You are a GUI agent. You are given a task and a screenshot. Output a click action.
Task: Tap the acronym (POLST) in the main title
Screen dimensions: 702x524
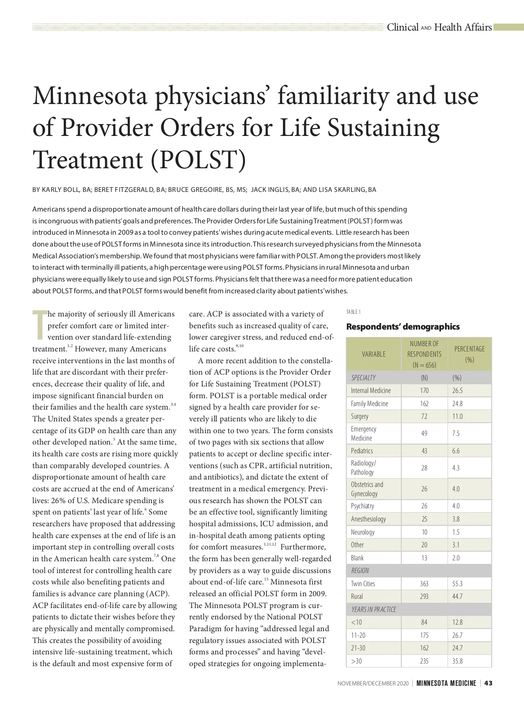pos(198,160)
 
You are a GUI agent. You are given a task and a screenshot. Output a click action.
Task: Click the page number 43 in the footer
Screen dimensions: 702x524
pos(488,683)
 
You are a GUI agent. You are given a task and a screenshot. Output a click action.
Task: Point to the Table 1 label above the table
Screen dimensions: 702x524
pos(353,312)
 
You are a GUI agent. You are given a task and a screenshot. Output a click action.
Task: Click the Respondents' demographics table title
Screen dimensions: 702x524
pos(403,327)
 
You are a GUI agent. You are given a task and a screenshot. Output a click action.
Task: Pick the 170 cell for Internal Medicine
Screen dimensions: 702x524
pos(424,390)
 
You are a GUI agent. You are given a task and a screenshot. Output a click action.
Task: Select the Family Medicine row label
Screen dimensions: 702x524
pos(369,403)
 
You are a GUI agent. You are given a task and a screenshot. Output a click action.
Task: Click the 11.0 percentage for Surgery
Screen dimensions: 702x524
pos(457,416)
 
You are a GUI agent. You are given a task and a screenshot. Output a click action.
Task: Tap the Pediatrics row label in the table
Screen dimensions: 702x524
pos(362,451)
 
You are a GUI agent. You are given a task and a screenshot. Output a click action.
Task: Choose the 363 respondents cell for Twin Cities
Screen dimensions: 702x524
pos(424,584)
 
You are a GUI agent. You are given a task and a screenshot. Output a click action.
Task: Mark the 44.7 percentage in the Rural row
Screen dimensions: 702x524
pos(457,596)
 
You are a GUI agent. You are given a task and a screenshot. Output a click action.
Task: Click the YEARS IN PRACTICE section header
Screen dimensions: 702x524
pos(373,609)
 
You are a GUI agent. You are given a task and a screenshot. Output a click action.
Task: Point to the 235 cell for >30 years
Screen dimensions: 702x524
pos(424,661)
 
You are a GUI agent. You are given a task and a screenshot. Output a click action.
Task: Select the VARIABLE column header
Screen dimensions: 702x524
pos(373,354)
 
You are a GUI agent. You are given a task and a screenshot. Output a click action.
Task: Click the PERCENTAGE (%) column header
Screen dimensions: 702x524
pos(469,354)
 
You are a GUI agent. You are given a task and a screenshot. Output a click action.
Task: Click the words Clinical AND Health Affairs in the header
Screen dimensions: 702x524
pos(439,27)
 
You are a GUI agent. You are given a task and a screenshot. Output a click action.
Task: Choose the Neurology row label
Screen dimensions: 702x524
pos(362,532)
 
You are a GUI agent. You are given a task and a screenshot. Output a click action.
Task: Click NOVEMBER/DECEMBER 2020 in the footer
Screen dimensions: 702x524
pos(373,683)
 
